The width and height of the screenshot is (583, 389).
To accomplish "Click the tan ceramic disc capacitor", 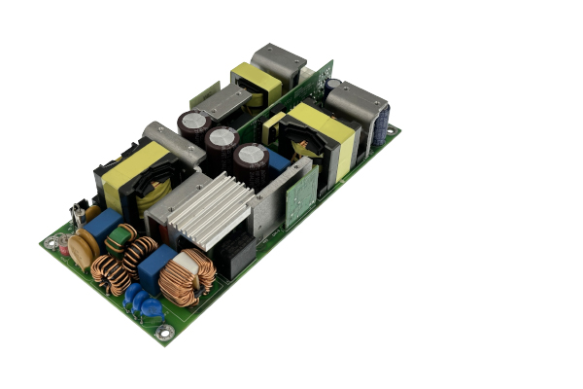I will click(x=83, y=249).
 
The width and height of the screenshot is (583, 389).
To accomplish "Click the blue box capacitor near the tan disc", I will click(x=101, y=225).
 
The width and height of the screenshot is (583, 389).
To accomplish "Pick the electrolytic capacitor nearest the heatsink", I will click(x=251, y=161).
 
